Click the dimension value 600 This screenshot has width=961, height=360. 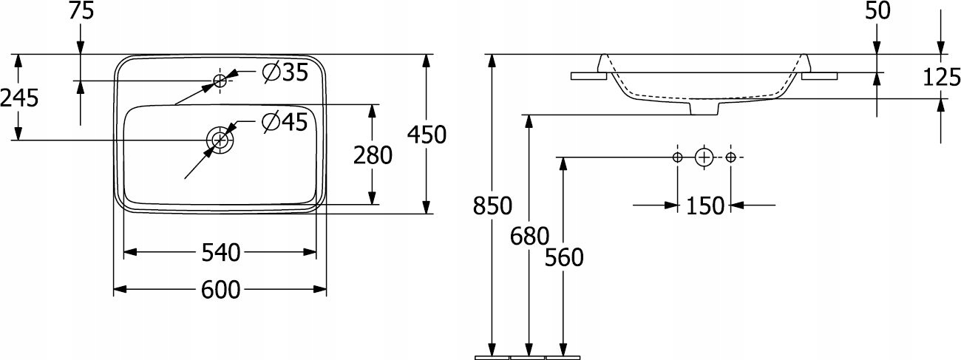point(220,291)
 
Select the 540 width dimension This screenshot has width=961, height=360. point(220,253)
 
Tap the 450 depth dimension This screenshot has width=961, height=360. point(427,135)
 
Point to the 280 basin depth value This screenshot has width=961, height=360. point(373,154)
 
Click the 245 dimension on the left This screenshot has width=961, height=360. point(19,97)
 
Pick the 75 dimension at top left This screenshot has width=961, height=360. point(79,11)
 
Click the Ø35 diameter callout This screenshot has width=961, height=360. point(285,72)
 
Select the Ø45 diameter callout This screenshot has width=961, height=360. point(285,122)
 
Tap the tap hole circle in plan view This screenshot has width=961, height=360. point(220,80)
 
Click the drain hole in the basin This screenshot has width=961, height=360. point(220,140)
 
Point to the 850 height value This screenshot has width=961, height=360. point(492,206)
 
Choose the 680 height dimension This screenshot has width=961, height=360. point(529,236)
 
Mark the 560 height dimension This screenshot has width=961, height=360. point(564,257)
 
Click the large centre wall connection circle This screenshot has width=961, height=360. point(704,157)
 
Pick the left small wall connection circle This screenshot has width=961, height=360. point(677,157)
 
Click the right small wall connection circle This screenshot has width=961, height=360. point(730,157)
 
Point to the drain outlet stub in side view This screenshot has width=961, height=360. point(704,109)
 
